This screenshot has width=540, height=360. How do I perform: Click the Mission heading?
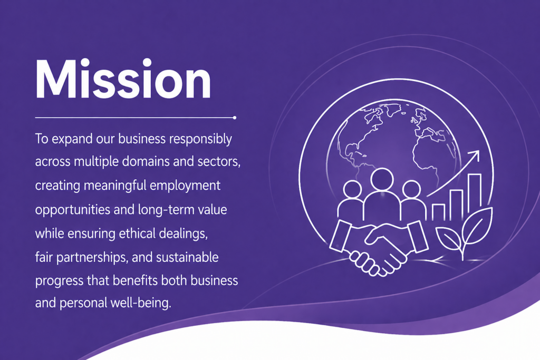click(123, 80)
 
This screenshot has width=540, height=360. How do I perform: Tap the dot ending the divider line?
click(235, 118)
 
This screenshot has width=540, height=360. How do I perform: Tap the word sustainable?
click(187, 257)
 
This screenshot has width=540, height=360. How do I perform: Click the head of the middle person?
click(382, 179)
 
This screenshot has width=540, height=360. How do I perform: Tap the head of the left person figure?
click(353, 190)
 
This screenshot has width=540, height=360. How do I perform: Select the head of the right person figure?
click(411, 190)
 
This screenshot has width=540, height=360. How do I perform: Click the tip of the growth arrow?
click(478, 151)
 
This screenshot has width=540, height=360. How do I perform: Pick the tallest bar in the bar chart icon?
click(475, 196)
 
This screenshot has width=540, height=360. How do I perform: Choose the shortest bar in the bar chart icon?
click(438, 212)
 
